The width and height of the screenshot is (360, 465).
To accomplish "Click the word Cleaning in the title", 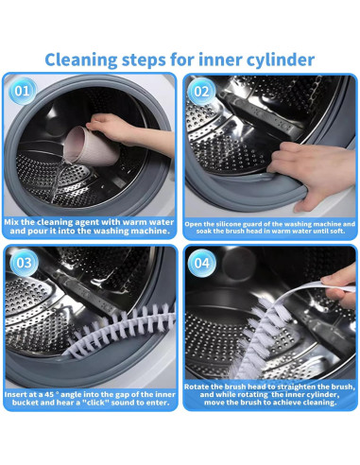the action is (81, 60).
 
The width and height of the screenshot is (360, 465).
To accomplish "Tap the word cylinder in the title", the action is (281, 60).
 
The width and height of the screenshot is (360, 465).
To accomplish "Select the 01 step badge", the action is (22, 92).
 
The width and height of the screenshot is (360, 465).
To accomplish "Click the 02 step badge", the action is (201, 92).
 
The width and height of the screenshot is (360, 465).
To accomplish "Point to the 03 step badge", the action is (24, 263).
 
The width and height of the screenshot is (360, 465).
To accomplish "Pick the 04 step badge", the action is (202, 263).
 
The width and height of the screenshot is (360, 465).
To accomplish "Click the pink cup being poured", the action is (92, 146).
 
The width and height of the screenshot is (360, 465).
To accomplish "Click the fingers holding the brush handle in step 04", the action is (340, 285).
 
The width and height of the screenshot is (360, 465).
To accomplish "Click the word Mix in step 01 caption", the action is (11, 222).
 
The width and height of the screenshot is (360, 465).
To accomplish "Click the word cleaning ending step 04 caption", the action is (318, 403).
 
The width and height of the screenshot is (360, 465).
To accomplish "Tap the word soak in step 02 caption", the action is (203, 231).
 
